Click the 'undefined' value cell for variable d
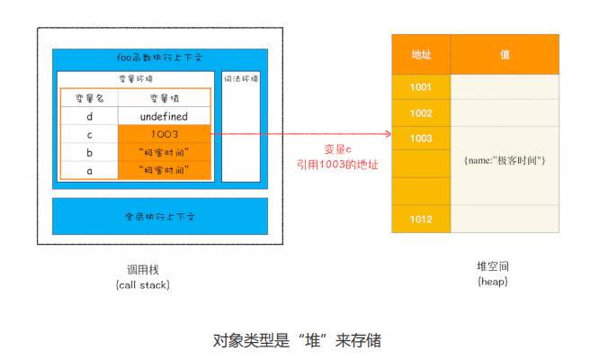click(165, 116)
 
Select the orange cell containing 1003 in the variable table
click(165, 134)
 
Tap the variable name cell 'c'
click(89, 134)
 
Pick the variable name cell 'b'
click(89, 151)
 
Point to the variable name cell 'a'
click(89, 169)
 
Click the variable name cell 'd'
click(89, 116)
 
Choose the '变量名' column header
click(89, 98)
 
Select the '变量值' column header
click(165, 98)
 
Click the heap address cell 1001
click(421, 87)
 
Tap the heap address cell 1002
click(421, 113)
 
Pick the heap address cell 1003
click(421, 139)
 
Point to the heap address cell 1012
click(421, 220)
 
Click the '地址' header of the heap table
click(421, 55)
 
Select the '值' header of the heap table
click(505, 55)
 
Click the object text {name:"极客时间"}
click(505, 160)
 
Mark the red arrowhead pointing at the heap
click(388, 135)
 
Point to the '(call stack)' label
click(142, 284)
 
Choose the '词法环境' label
click(241, 79)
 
